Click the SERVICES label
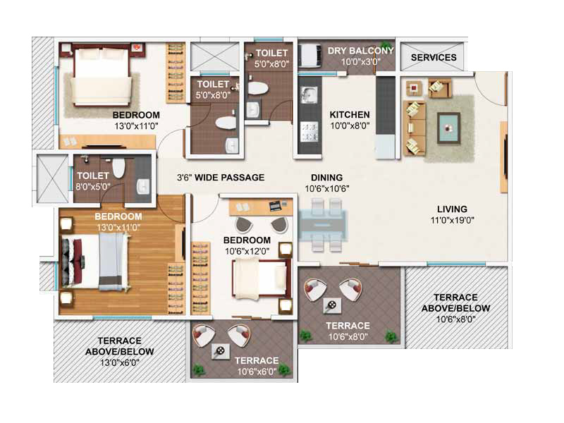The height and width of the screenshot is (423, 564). coord(434,58)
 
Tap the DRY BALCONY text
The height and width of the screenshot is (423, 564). coord(360,51)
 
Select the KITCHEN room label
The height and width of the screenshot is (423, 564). coord(350,115)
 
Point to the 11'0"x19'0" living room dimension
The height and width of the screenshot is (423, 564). coord(452,220)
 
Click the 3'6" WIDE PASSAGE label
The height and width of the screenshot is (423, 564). coord(221,178)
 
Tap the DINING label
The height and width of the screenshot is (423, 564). coord(326,178)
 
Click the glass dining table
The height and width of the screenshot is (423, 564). coord(323,226)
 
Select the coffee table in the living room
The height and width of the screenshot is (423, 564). coord(448,128)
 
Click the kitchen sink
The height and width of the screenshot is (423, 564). coord(309,95)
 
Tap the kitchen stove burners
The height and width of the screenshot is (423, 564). coord(309,132)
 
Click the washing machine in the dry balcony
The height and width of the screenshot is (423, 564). coord(311,56)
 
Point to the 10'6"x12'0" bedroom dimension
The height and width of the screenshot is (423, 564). coord(247,251)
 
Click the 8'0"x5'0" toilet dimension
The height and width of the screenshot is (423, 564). coord(93,187)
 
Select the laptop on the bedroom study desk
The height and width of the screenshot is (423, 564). coord(276,205)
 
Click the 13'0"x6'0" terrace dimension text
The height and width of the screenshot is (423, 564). coord(119,362)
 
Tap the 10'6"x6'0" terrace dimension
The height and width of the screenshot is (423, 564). coord(257,372)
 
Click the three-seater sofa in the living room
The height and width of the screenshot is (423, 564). coord(415,128)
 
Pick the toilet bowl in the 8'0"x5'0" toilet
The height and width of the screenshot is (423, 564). coord(118,168)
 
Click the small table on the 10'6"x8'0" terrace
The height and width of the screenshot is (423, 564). coord(332,306)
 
